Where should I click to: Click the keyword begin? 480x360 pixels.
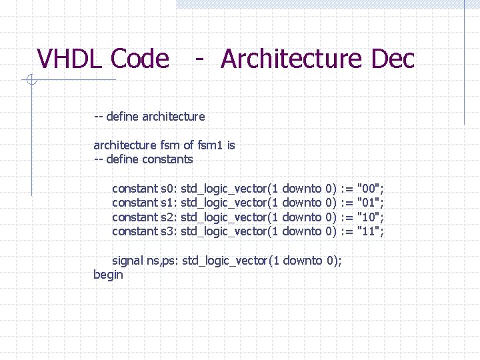(x=108, y=275)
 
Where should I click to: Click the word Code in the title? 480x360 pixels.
(x=140, y=59)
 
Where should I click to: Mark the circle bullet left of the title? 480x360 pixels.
(x=31, y=81)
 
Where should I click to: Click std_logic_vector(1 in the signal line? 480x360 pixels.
(x=231, y=261)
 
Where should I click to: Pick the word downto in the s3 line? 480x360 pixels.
(x=302, y=231)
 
